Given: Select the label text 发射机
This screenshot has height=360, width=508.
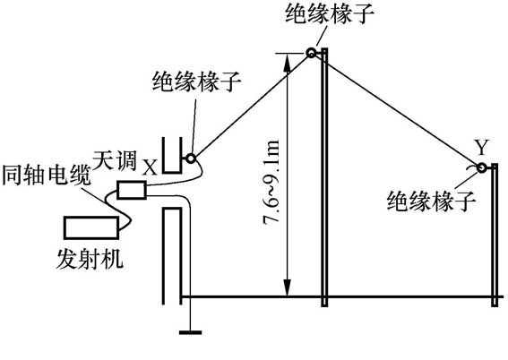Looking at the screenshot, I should (x=89, y=261).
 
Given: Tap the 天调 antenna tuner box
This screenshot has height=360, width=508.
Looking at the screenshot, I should (x=132, y=190).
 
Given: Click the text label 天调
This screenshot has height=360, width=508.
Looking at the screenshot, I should (x=117, y=164).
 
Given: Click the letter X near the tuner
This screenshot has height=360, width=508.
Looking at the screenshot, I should (x=150, y=166).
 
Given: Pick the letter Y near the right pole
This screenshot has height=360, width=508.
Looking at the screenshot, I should (x=482, y=146).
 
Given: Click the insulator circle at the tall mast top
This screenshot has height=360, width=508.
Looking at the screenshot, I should (x=312, y=54).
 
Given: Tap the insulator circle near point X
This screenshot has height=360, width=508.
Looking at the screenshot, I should (x=191, y=159).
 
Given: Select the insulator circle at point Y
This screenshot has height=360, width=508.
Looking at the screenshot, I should (x=482, y=167).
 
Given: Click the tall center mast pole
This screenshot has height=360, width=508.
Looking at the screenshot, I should (x=326, y=179).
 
